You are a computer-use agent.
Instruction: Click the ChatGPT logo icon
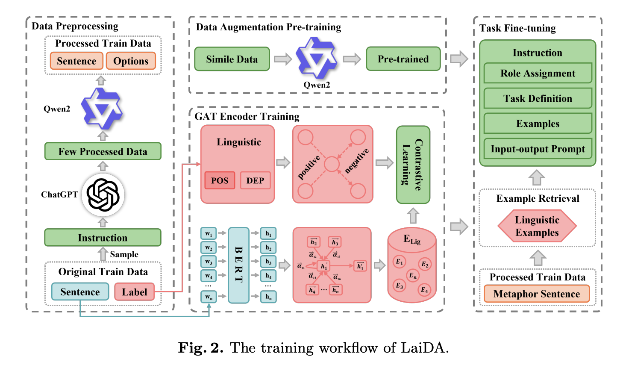pyautogui.click(x=103, y=195)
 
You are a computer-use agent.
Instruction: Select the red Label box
pyautogui.click(x=134, y=292)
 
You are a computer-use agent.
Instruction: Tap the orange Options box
pyautogui.click(x=131, y=61)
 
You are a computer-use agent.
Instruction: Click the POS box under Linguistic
pyautogui.click(x=220, y=180)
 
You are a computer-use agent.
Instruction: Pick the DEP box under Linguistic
pyautogui.click(x=255, y=180)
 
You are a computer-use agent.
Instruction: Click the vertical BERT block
pyautogui.click(x=238, y=265)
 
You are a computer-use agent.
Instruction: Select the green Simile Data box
pyautogui.click(x=232, y=59)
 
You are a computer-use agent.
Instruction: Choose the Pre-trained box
pyautogui.click(x=403, y=59)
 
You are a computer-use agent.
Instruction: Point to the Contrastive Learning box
pyautogui.click(x=413, y=165)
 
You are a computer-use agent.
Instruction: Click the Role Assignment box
pyautogui.click(x=538, y=74)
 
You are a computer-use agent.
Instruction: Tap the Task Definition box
pyautogui.click(x=538, y=99)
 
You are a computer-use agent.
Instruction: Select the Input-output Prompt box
pyautogui.click(x=538, y=149)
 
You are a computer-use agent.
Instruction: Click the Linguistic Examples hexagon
pyautogui.click(x=537, y=226)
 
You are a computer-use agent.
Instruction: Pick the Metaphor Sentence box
pyautogui.click(x=537, y=294)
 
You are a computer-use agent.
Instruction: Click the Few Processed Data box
pyautogui.click(x=103, y=152)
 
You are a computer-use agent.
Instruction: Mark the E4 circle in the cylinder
pyautogui.click(x=424, y=290)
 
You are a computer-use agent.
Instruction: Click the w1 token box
pyautogui.click(x=209, y=233)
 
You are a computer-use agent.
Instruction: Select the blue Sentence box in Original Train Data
pyautogui.click(x=80, y=292)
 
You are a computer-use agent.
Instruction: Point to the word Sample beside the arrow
pyautogui.click(x=124, y=254)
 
